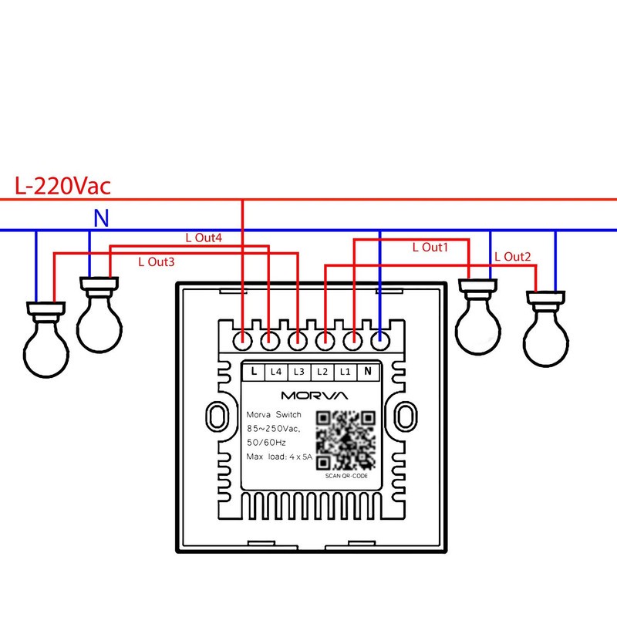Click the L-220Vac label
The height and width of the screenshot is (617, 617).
tap(62, 186)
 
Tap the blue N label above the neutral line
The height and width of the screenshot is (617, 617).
tap(101, 217)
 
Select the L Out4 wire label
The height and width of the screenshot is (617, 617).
tap(204, 238)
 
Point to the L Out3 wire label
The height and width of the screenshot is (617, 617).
tap(157, 262)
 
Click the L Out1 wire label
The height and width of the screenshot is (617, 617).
tap(430, 247)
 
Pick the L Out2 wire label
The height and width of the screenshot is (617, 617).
tap(513, 257)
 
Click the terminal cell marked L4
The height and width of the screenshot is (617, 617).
tap(276, 372)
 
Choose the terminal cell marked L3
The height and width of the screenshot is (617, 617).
tap(299, 372)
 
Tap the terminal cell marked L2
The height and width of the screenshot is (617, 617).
tap(322, 372)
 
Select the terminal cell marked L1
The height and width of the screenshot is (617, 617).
tap(345, 372)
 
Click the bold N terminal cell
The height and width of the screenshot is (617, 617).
tap(368, 372)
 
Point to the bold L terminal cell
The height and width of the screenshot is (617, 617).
tap(254, 372)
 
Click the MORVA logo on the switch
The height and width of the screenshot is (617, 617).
tap(315, 396)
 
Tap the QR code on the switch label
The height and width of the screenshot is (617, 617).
tap(346, 440)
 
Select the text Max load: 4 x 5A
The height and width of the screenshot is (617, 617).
tap(279, 457)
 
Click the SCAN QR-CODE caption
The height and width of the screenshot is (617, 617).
tap(346, 476)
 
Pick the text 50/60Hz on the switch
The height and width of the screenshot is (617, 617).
tap(266, 443)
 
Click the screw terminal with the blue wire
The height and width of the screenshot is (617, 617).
tap(380, 340)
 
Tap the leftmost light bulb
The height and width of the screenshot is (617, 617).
tap(46, 339)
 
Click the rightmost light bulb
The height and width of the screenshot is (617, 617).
tap(546, 329)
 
